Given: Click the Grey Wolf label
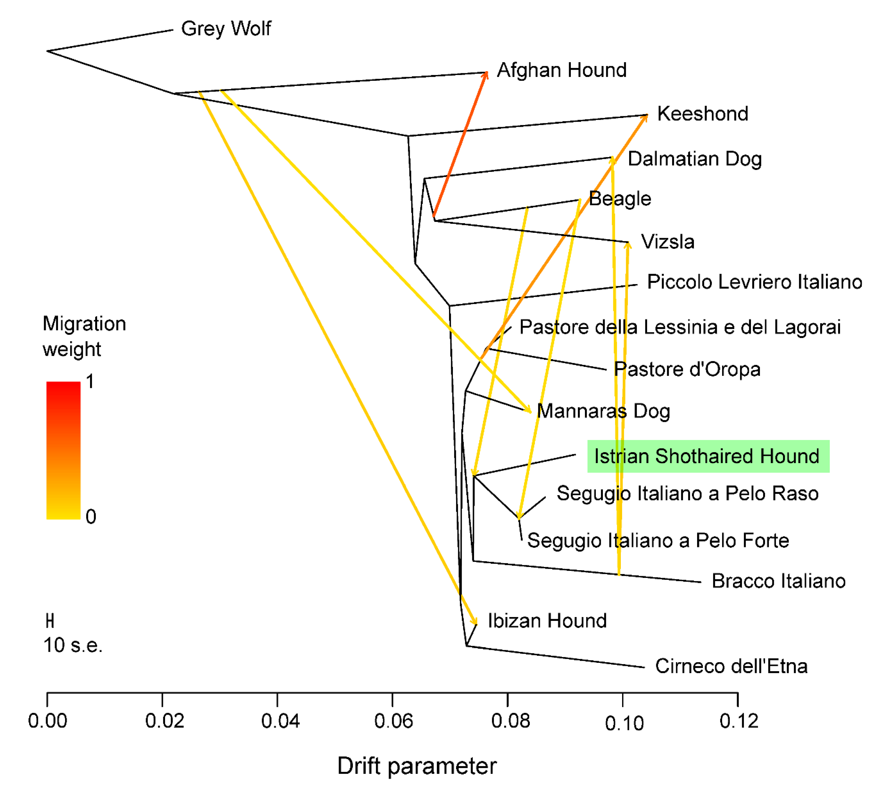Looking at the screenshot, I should [x=226, y=29].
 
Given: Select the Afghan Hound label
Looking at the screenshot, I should [x=562, y=70].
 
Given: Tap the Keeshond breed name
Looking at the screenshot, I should [x=703, y=114].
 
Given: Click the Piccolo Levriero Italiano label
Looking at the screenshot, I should [x=754, y=282].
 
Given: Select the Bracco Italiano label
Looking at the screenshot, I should [x=778, y=581].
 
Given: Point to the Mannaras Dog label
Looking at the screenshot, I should [x=603, y=411].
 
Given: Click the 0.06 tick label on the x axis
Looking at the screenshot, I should [x=393, y=721].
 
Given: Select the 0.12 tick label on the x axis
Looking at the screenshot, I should [x=739, y=721].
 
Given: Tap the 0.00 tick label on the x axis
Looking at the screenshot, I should [x=47, y=721].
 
